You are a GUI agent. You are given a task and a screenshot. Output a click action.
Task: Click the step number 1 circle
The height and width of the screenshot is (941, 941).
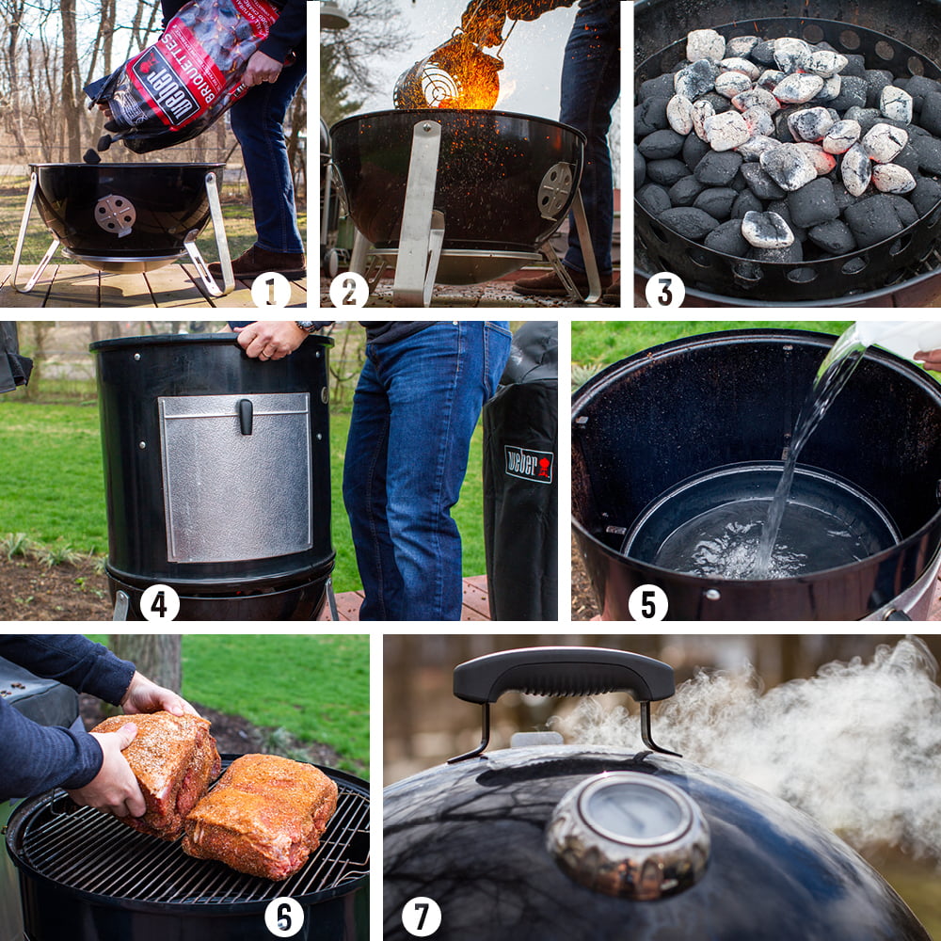click(x=270, y=289)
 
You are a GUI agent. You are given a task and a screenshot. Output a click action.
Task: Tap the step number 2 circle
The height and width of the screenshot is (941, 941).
click(x=348, y=289)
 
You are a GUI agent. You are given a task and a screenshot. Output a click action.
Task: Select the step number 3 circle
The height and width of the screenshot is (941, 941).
click(x=664, y=289)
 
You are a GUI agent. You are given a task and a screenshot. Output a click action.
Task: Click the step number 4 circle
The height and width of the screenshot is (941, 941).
click(x=159, y=602)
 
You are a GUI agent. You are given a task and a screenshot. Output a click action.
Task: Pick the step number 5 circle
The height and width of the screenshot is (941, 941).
click(x=647, y=602)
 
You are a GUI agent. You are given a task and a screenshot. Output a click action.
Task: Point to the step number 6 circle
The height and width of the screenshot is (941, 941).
click(x=284, y=916)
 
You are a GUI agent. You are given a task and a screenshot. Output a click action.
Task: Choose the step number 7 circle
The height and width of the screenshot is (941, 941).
click(x=422, y=916)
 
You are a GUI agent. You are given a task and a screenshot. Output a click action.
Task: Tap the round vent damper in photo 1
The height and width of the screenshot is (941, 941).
click(x=115, y=215)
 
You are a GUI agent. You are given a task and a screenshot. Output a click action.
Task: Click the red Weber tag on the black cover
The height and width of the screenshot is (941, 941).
click(x=529, y=464)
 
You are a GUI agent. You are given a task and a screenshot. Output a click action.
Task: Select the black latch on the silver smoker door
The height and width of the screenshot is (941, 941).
click(x=246, y=416)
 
